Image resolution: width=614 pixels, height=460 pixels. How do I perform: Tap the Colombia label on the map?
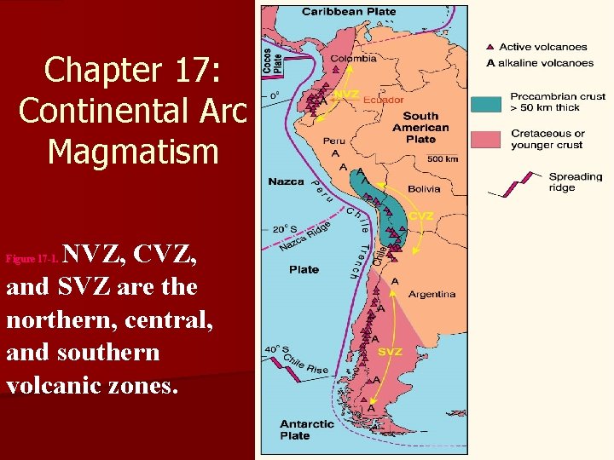coord(354,59)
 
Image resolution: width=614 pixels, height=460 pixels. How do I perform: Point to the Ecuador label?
coord(384,100)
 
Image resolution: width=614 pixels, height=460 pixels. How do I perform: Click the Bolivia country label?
coord(424,188)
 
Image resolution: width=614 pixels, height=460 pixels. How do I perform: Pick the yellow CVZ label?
coord(421,216)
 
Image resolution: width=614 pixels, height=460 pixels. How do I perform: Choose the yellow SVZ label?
coord(391,352)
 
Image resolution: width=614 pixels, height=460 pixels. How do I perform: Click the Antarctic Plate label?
coord(307,429)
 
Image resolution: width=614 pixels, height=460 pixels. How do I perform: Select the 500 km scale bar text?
coord(443,158)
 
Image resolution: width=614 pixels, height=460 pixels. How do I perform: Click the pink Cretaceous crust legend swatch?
coord(485,138)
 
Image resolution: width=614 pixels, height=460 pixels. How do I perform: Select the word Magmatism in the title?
coord(132,152)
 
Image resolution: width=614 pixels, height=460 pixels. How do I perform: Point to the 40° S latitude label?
coord(275,348)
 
